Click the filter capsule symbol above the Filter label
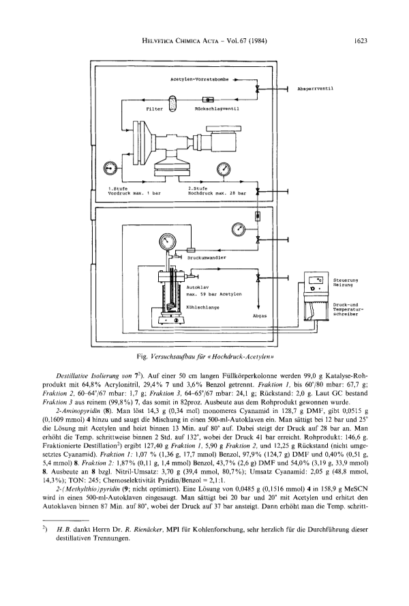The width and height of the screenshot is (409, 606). (172, 102)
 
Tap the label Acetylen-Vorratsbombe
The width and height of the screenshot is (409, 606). (199, 80)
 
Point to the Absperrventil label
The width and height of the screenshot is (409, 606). (316, 89)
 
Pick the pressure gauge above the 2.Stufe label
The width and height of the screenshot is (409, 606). (224, 168)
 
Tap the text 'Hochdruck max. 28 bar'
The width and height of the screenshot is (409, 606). (217, 193)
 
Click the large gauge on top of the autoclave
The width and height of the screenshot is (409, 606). (167, 242)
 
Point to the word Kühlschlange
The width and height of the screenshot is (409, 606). (202, 308)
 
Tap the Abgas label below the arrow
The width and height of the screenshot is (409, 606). (259, 316)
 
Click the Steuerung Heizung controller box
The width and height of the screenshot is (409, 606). (316, 283)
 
